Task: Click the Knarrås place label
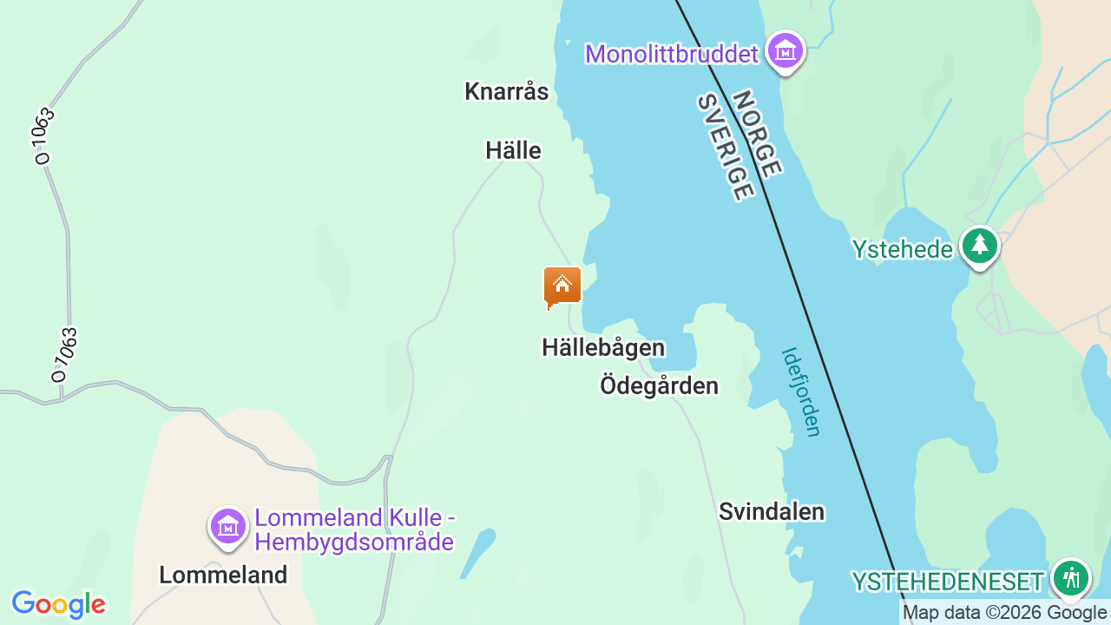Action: click(x=507, y=91)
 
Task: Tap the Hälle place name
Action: click(x=513, y=151)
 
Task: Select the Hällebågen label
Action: click(x=603, y=348)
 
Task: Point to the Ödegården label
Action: click(x=659, y=385)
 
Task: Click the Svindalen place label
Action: click(x=772, y=512)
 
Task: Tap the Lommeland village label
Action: click(x=223, y=575)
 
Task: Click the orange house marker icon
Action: click(x=562, y=286)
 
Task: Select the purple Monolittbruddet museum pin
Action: click(x=786, y=51)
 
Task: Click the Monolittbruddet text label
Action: click(x=672, y=54)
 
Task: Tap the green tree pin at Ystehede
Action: click(x=980, y=246)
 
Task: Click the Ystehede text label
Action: click(x=902, y=250)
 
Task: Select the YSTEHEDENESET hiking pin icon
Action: click(x=1071, y=577)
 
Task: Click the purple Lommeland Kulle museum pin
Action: click(x=228, y=526)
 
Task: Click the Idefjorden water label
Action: click(x=801, y=392)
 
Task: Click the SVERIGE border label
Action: click(x=724, y=148)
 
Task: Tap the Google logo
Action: click(x=58, y=604)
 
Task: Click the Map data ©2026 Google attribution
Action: click(x=1004, y=613)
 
